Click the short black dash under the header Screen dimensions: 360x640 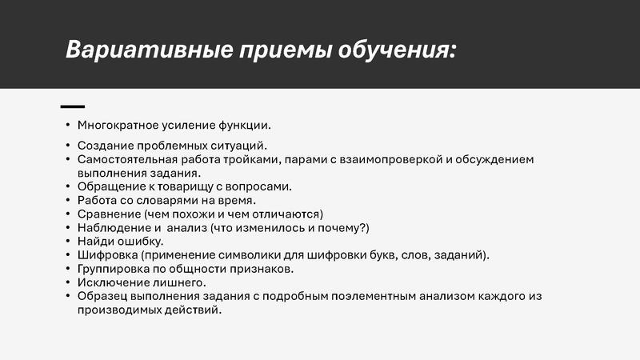click(73, 106)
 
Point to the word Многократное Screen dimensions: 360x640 click(117, 125)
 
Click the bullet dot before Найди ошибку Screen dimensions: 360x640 click(68, 242)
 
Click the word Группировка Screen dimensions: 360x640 click(114, 269)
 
